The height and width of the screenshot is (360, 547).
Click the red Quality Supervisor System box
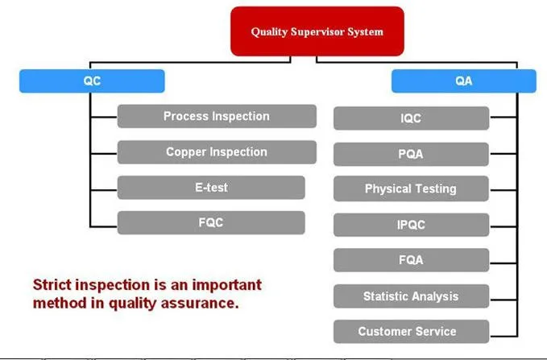tap(317, 32)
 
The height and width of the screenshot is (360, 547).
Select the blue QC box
tap(92, 81)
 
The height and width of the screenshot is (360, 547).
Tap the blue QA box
tap(463, 81)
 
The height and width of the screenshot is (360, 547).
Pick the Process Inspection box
tap(217, 117)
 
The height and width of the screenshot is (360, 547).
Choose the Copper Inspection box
tap(217, 152)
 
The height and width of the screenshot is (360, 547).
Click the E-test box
tap(211, 188)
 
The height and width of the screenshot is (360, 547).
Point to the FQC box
tap(211, 223)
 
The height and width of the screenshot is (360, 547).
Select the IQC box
tap(411, 118)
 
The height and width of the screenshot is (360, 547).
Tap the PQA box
tap(411, 154)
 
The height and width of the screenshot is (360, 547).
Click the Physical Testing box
tap(411, 189)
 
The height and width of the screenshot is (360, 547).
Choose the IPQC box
tap(411, 225)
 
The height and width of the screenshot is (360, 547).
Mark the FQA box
tap(411, 260)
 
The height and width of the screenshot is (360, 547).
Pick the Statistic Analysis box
tap(411, 296)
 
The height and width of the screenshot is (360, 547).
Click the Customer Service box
tap(411, 332)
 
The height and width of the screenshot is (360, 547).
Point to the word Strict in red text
tap(52, 285)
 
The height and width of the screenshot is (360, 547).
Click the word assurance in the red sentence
tap(208, 304)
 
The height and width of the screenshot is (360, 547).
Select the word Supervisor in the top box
tap(317, 32)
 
